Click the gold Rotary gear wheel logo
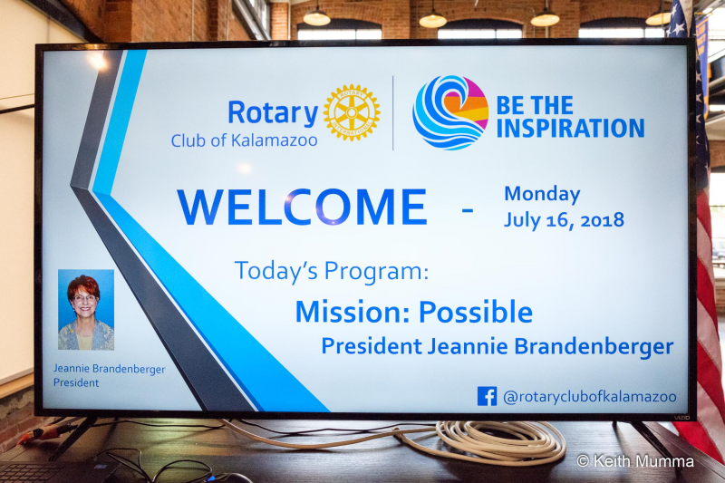coord(352,112)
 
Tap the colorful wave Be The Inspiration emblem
coord(450,112)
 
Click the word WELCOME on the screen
coord(303,207)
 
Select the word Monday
coord(542,195)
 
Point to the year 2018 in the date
coord(602,220)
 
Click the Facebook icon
coord(487,397)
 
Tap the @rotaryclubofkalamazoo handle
coord(590,397)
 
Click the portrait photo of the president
coord(86,310)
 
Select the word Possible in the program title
coord(476,312)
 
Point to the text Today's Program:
coord(332,271)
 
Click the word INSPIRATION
coord(571,128)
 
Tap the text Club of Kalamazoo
coord(244,140)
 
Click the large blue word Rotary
coord(274,113)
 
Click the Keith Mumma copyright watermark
coord(635,461)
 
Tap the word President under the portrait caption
coord(76,382)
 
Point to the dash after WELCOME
coord(468,211)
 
